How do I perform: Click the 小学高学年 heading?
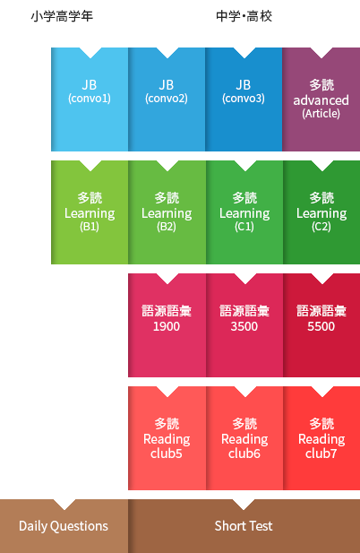tap(62, 16)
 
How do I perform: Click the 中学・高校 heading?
tap(244, 16)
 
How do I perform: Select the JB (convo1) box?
tap(90, 99)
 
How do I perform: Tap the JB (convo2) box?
tap(167, 99)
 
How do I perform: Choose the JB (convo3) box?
tap(244, 99)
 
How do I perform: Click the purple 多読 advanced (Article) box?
tap(321, 99)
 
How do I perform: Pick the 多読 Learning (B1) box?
tap(90, 212)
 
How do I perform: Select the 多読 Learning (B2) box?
tap(167, 212)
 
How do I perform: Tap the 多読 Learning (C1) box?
tap(244, 212)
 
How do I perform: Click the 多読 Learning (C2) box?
tap(321, 212)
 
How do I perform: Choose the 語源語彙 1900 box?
tap(167, 325)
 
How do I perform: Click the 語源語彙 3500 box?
tap(244, 325)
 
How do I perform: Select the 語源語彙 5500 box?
tap(321, 325)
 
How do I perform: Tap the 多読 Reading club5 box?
tap(167, 438)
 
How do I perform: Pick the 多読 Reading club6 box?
tap(244, 438)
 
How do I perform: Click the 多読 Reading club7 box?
tap(321, 438)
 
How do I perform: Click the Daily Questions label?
tap(64, 526)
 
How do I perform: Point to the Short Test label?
tap(244, 526)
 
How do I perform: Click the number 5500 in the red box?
tap(321, 326)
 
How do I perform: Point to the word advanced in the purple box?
tap(321, 100)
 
